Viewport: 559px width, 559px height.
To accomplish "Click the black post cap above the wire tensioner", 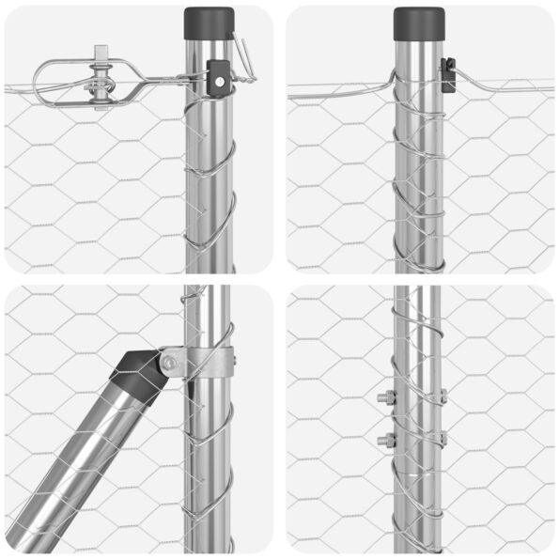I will tap(209, 21).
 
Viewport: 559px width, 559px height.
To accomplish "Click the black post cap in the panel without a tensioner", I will tap(419, 23).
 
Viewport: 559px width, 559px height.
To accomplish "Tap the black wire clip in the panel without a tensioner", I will tap(448, 74).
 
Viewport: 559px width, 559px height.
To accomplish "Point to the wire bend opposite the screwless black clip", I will tap(389, 83).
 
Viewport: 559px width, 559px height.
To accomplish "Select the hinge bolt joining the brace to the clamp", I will tap(169, 362).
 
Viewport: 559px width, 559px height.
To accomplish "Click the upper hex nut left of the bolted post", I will tap(385, 397).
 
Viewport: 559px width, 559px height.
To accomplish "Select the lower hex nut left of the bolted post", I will tap(385, 440).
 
